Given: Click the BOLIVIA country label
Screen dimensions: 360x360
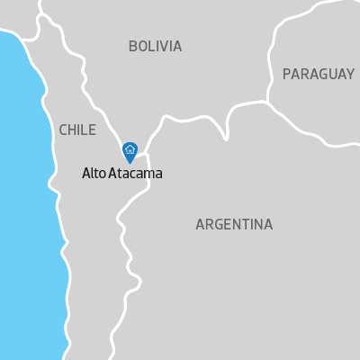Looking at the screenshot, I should pos(155,46).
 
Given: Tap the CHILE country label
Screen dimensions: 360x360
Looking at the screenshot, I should pos(76,130).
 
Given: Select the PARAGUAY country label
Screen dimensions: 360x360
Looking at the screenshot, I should pos(318,74).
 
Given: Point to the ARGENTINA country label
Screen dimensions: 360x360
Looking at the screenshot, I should pos(233,224).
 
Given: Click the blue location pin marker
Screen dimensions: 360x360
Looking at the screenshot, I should pos(130,152).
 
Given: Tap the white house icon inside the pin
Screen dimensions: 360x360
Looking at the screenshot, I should pos(130,149).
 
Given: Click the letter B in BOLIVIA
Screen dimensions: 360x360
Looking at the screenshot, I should pos(133,46).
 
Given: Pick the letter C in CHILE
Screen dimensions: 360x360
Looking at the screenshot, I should pos(63,130).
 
